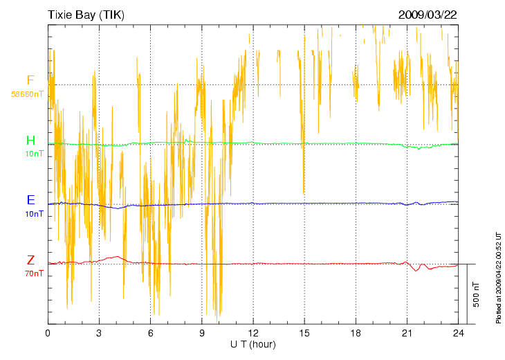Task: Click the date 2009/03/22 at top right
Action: (x=427, y=15)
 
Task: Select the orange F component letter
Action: (x=30, y=80)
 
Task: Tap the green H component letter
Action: (x=30, y=141)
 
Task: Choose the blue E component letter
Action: (x=30, y=200)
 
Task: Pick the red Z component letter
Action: (x=30, y=260)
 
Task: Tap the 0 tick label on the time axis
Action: (x=48, y=333)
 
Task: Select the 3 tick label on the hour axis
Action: (x=99, y=333)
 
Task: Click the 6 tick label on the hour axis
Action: (x=150, y=333)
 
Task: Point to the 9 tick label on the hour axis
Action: (x=202, y=333)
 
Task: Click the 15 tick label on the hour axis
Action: (x=304, y=333)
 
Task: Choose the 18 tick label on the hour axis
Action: (x=356, y=333)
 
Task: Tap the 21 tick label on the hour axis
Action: (x=407, y=333)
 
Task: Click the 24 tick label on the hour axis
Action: (x=458, y=333)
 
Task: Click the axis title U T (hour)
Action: (x=253, y=344)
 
